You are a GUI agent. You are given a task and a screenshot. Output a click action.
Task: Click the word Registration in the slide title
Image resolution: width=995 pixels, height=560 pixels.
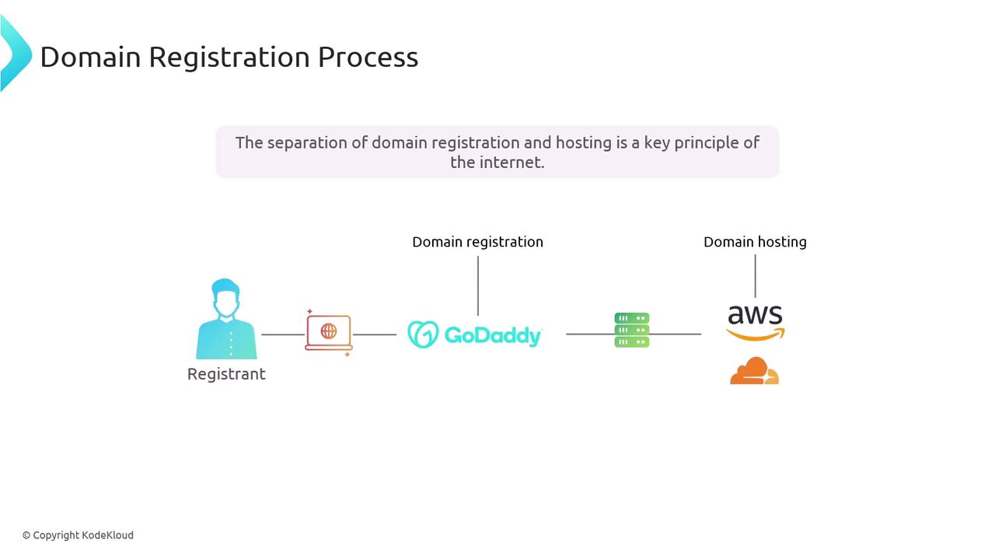point(229,58)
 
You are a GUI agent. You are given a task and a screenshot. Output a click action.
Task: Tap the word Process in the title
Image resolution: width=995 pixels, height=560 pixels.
point(368,57)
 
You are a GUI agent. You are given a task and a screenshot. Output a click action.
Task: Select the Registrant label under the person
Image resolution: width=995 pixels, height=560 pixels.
point(226,374)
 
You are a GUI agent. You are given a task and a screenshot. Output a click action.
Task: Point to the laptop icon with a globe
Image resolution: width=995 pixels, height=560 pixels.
point(329,333)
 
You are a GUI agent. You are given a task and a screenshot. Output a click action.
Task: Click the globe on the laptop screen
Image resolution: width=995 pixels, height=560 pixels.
point(329,331)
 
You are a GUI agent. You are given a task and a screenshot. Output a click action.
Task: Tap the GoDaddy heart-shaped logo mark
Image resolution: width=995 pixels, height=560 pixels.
point(423,334)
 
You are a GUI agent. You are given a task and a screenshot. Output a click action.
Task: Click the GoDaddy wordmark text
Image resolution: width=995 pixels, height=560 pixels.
point(493,336)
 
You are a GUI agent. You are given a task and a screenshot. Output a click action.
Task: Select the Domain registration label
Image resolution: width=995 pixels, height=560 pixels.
point(477,242)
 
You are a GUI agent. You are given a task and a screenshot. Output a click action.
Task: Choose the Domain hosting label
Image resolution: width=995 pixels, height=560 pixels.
point(755,242)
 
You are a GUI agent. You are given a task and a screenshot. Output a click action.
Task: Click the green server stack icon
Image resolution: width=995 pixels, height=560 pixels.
point(632,331)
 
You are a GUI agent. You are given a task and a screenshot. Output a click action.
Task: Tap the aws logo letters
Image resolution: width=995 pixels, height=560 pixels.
point(755,315)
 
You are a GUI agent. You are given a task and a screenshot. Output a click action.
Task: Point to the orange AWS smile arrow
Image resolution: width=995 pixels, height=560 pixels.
point(755,334)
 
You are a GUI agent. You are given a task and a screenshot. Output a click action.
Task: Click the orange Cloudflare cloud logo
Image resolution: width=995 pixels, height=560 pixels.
point(754,370)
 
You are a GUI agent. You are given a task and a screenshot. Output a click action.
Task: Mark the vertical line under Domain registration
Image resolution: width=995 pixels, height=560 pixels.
point(478,285)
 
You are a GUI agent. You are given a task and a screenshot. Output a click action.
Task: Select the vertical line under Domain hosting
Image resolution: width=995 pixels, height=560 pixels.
point(755,276)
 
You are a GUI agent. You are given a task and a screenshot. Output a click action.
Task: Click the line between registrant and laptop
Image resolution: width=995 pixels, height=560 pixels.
point(283,334)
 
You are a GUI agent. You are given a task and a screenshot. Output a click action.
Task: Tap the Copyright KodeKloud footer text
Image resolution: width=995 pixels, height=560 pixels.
point(78,535)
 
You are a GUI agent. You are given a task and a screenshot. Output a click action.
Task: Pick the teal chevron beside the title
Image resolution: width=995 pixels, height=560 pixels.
point(16,54)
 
